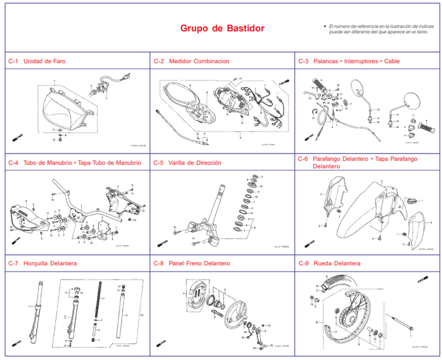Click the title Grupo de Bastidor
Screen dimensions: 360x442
coord(222,29)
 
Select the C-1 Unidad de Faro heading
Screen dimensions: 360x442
coord(37,61)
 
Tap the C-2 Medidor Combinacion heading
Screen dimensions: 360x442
coord(191,61)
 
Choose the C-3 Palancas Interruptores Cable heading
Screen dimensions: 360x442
coord(348,61)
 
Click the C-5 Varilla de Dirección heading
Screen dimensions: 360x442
coord(187,163)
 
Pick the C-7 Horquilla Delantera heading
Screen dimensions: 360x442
coord(42,264)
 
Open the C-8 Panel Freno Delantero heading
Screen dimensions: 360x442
coord(191,264)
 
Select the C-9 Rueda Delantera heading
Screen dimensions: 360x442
coord(329,264)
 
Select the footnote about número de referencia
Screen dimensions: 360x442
coord(378,29)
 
